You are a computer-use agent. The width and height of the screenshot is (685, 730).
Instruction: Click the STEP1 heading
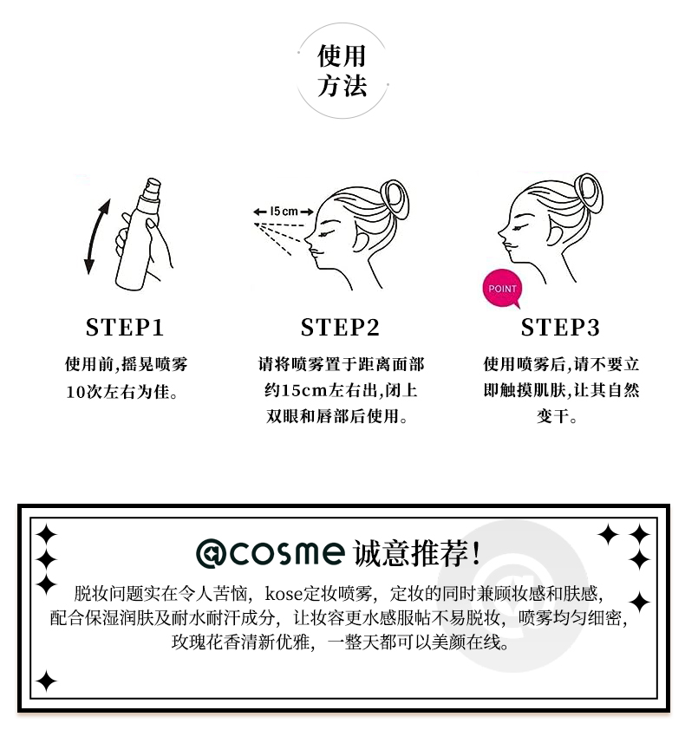click(125, 327)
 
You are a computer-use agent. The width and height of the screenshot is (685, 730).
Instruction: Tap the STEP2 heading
click(340, 327)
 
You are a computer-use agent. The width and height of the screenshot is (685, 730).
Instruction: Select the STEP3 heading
click(560, 327)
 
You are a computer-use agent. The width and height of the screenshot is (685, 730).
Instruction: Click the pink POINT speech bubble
click(502, 289)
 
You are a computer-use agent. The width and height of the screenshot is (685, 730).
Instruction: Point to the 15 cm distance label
click(284, 212)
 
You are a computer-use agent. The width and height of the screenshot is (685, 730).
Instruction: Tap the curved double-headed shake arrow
click(96, 237)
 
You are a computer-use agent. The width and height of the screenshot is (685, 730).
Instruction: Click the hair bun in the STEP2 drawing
click(395, 199)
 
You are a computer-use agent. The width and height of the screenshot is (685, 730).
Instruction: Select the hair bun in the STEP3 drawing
click(589, 192)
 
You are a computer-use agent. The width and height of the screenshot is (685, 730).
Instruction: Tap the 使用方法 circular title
click(342, 71)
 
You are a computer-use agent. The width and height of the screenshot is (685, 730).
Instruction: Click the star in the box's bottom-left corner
click(46, 681)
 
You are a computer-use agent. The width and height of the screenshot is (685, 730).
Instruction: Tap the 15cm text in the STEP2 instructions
click(304, 390)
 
